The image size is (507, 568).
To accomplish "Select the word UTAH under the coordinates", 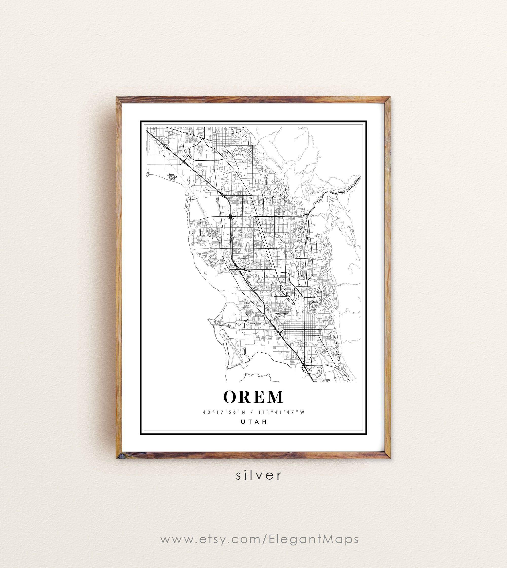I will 254,422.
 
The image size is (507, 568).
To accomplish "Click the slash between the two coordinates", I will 251,412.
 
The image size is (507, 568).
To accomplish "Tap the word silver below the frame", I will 259,475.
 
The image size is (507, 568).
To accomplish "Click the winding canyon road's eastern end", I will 360,177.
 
